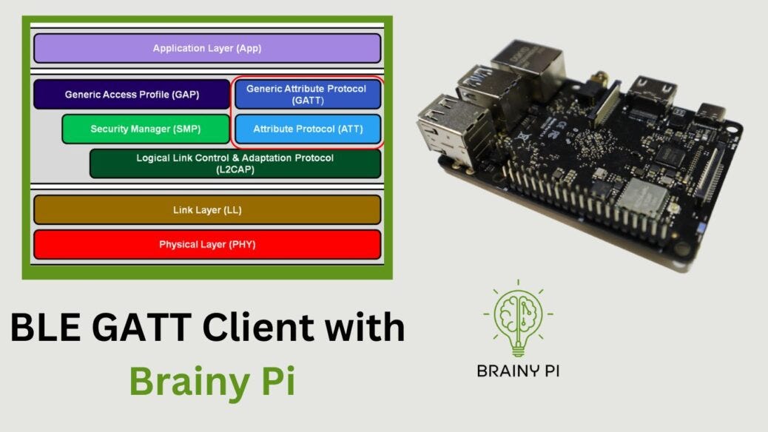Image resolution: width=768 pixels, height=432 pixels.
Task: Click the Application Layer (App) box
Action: click(x=207, y=49)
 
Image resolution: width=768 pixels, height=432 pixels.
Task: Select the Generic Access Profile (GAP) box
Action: click(x=132, y=95)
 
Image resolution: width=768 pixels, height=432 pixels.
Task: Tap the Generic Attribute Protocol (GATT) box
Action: click(x=306, y=94)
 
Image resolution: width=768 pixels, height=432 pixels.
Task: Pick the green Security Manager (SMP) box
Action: click(x=145, y=129)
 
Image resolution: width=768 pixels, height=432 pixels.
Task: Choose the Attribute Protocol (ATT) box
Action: click(x=307, y=129)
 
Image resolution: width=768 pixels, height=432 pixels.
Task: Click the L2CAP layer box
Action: click(x=235, y=163)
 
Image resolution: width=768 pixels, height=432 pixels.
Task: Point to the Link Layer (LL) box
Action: click(x=207, y=210)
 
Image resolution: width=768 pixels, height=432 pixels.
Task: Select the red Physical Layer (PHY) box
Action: click(x=207, y=244)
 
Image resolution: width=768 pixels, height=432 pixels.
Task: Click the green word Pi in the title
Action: click(x=277, y=381)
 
